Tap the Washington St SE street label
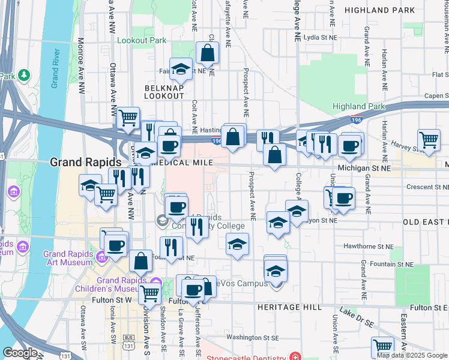click(x=253, y=338)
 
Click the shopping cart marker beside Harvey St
click(x=429, y=140)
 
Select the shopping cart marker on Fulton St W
click(x=149, y=294)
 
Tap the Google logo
click(x=21, y=353)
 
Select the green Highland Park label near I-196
click(x=359, y=106)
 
